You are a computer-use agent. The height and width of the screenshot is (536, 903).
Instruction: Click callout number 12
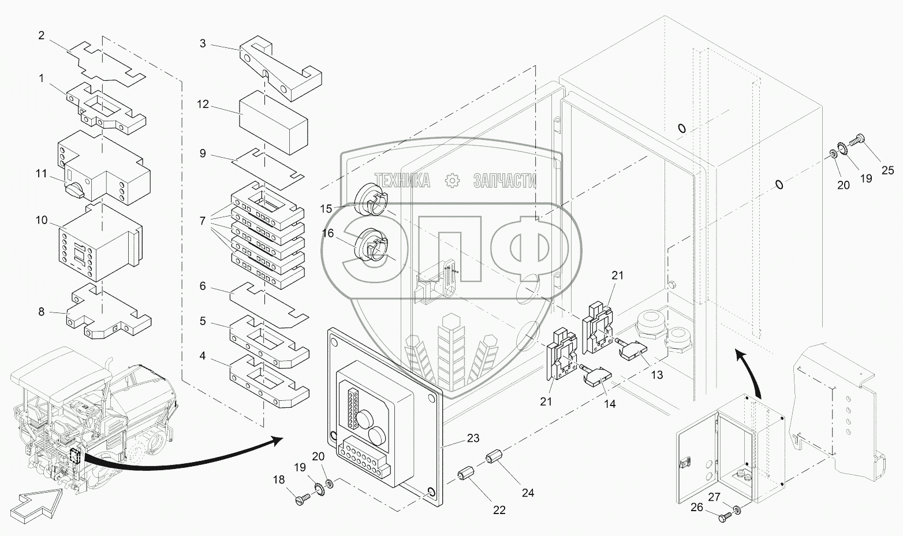pos(202,105)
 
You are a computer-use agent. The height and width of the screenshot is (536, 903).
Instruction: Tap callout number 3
pos(202,43)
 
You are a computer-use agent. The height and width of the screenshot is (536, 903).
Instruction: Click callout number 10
pos(42,221)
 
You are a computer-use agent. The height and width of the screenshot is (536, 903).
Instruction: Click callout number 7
pos(202,221)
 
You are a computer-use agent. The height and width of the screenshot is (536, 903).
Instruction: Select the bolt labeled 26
pos(724,517)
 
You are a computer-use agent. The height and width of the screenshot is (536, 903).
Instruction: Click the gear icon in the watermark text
pos(451,181)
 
